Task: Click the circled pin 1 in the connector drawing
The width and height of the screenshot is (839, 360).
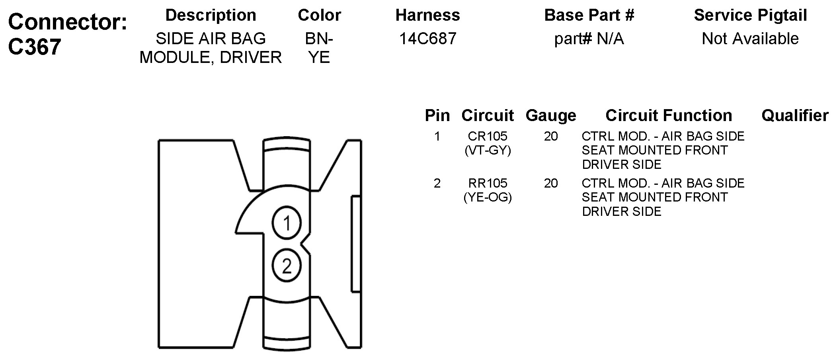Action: (287, 223)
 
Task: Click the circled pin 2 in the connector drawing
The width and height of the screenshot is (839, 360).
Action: (287, 266)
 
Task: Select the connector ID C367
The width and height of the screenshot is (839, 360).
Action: (35, 47)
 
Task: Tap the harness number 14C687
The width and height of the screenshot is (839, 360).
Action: (428, 39)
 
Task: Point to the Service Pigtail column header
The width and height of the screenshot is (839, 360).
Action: (750, 16)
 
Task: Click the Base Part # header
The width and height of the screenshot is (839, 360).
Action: (589, 15)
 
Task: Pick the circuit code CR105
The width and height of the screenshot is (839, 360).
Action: (488, 136)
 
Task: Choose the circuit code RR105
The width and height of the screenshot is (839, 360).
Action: (488, 183)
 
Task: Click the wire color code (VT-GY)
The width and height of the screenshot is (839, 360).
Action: (488, 151)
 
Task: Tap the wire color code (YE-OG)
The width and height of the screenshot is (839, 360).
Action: (488, 197)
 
